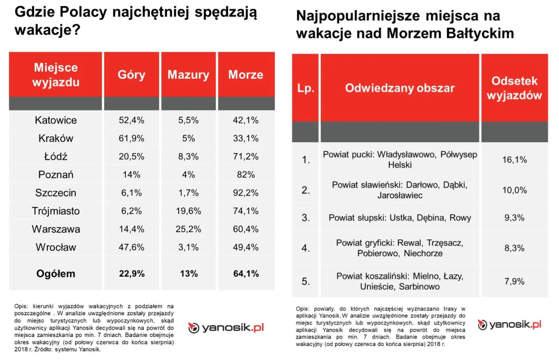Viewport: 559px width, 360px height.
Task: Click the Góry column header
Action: (x=131, y=75)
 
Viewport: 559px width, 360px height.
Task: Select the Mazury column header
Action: (x=188, y=75)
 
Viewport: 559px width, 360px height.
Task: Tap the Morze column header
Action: (x=246, y=75)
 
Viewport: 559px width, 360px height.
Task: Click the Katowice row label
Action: (x=56, y=120)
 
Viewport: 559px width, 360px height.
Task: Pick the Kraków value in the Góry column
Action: (x=131, y=138)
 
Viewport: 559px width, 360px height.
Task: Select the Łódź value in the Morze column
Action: (x=246, y=156)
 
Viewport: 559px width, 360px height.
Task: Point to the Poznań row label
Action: (x=56, y=175)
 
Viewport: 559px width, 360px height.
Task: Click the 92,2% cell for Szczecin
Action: (x=246, y=193)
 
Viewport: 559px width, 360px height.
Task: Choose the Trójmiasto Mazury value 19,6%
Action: (x=188, y=211)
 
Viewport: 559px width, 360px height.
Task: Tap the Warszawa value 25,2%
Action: (x=188, y=229)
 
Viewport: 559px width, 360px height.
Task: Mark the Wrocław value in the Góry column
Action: (x=131, y=247)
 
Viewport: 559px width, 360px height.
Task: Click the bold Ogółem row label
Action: (x=56, y=274)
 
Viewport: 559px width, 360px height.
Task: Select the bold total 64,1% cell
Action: (x=246, y=274)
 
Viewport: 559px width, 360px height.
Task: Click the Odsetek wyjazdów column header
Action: (x=514, y=88)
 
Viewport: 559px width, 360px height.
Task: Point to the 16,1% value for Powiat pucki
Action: (x=514, y=160)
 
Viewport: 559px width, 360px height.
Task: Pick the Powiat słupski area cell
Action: (x=400, y=218)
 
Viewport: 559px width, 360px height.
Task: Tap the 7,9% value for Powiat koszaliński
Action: (x=514, y=281)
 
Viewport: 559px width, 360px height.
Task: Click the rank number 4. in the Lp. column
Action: (x=306, y=248)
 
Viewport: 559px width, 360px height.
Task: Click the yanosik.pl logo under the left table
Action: (x=226, y=328)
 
